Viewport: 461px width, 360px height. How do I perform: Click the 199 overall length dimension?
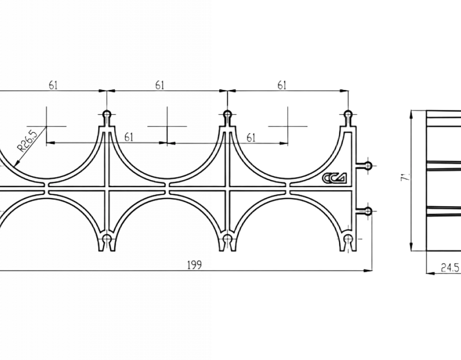[194, 265]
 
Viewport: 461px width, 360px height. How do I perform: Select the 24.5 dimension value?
[450, 268]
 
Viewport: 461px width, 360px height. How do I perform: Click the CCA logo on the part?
[334, 177]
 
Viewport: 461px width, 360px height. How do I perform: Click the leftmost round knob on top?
[107, 115]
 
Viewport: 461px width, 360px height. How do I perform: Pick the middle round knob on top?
[227, 115]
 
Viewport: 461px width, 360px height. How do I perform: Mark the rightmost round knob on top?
[348, 115]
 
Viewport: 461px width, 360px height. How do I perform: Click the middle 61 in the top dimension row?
[159, 85]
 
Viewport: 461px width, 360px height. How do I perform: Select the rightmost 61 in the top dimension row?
[282, 85]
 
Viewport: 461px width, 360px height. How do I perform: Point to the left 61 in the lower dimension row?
[129, 137]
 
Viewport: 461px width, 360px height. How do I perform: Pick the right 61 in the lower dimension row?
[251, 138]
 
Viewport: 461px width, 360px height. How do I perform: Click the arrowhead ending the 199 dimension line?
[368, 270]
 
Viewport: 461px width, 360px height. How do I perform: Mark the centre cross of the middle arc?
[167, 126]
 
